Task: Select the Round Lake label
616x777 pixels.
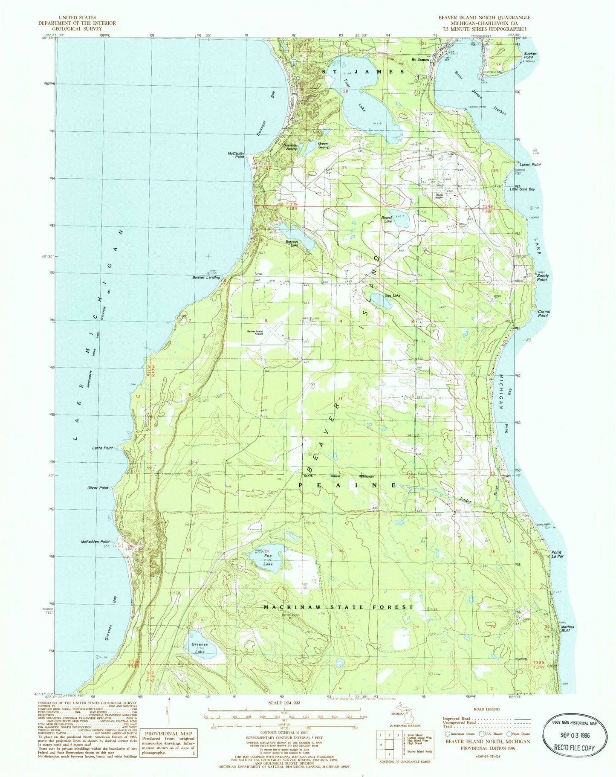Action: (387, 219)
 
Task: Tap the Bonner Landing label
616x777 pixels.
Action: (206, 278)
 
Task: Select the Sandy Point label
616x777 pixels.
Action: (542, 278)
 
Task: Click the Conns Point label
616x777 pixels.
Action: (543, 313)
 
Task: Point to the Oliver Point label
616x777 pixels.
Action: (98, 488)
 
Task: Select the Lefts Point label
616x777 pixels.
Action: (102, 448)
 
